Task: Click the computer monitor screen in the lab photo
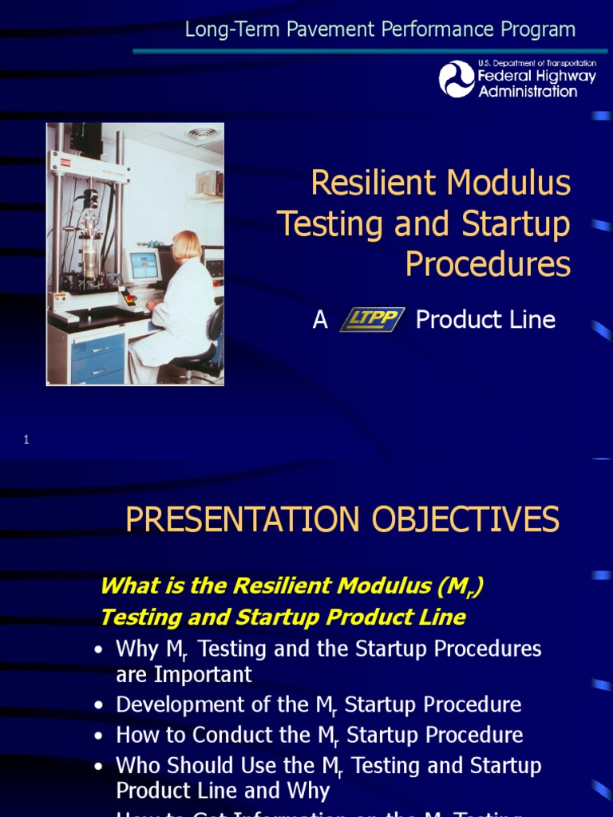click(144, 266)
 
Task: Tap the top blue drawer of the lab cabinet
click(97, 348)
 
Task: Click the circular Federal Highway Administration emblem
click(457, 79)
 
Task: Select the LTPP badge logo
click(372, 320)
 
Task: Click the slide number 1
click(26, 439)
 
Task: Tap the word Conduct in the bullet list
click(235, 735)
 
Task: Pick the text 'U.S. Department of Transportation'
click(536, 63)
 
